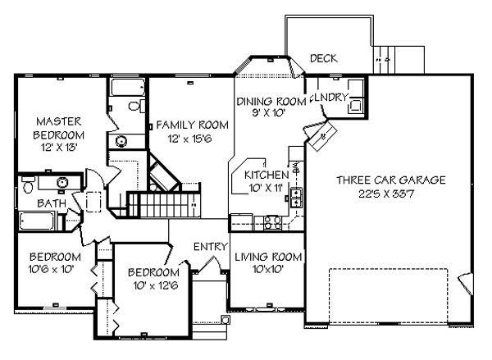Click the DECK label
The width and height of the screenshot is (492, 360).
tap(324, 58)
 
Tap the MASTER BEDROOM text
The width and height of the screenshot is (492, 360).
tap(59, 129)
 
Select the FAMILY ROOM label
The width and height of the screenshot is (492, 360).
tap(193, 125)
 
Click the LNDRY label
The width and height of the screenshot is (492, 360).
tap(331, 98)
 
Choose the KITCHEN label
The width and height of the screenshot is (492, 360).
tap(266, 175)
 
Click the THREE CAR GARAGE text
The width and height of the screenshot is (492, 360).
tap(391, 180)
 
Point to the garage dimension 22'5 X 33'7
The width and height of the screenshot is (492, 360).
tap(386, 194)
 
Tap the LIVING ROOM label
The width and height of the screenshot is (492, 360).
tap(268, 257)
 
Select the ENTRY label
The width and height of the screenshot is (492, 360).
tap(210, 247)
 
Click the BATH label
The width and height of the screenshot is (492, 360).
tap(52, 203)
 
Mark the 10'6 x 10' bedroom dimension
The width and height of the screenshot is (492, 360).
tap(51, 269)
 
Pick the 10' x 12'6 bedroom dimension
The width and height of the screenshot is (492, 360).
tap(156, 285)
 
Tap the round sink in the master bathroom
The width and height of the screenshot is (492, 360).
tap(121, 141)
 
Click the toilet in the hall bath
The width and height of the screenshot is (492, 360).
tap(28, 185)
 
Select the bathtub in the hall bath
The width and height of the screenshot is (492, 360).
tap(37, 221)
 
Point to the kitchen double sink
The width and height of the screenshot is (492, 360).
tap(297, 198)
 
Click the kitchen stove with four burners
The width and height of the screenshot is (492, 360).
tap(272, 222)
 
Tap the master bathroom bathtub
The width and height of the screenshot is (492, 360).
tap(128, 87)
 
